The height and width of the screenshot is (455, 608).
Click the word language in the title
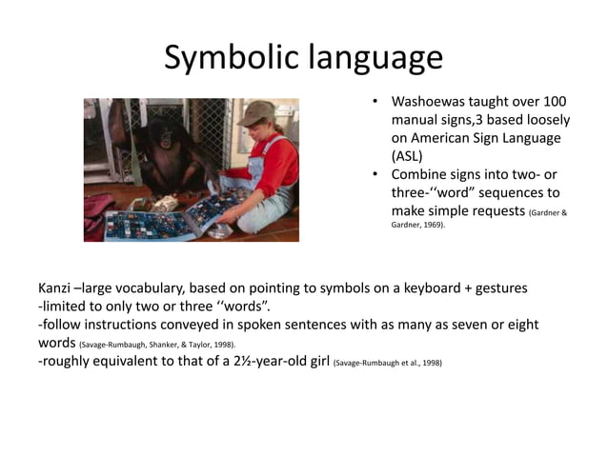(x=375, y=59)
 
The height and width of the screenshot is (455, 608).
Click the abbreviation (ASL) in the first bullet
(x=407, y=157)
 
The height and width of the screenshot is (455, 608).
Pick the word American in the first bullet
(x=439, y=139)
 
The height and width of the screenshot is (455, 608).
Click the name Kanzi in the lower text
(x=53, y=287)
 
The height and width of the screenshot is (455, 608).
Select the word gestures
(x=496, y=287)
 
